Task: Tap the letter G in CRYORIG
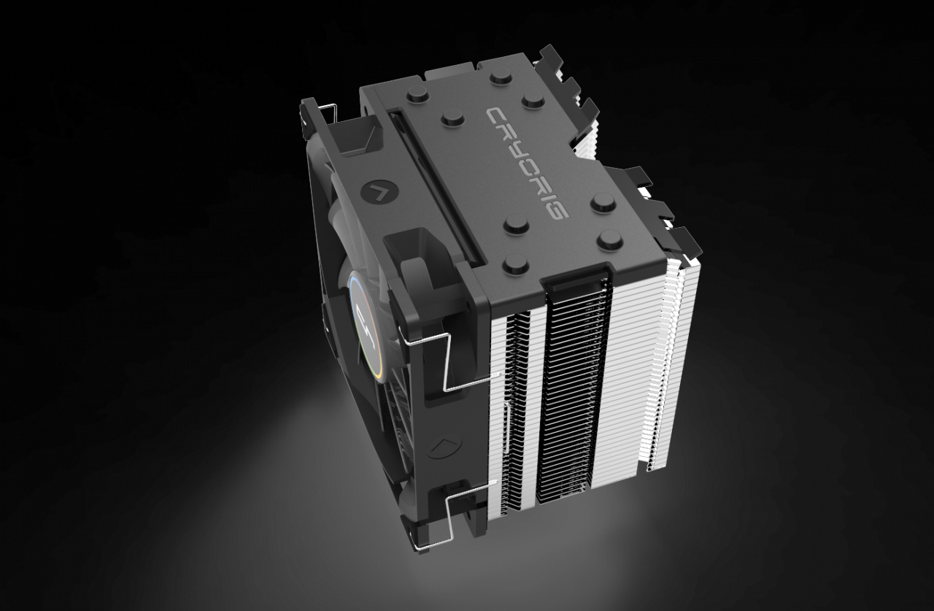pyautogui.click(x=556, y=212)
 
